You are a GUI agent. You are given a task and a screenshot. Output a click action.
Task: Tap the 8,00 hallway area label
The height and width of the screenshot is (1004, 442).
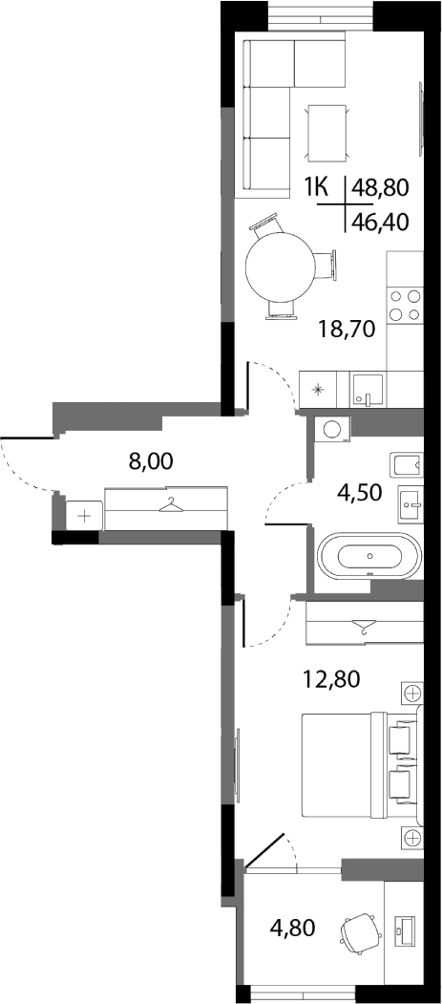coord(151,460)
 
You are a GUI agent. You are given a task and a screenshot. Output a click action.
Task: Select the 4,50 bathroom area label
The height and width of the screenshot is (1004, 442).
coord(359,493)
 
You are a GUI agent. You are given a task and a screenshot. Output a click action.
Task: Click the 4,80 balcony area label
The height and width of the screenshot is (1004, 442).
coord(292,928)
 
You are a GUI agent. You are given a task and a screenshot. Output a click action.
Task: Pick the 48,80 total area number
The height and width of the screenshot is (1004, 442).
coord(380,187)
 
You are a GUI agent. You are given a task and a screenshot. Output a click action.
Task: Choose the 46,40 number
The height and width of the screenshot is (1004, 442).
coord(380,222)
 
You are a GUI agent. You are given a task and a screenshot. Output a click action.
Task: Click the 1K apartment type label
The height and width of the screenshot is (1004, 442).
coord(316,187)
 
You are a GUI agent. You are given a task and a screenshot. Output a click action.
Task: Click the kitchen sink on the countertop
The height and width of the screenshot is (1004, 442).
coord(368,390)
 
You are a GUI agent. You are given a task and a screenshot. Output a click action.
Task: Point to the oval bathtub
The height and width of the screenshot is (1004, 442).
coord(369,555)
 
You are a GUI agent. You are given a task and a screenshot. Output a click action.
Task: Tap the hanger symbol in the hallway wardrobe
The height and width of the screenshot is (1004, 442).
coord(170,506)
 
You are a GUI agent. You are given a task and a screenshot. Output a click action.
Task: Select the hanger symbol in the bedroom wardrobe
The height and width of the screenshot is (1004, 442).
coord(364,626)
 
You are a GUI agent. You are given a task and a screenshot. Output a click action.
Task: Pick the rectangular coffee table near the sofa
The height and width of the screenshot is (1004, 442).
coord(328,132)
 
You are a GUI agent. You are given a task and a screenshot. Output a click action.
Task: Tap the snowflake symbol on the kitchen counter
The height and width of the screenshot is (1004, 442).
coord(318,390)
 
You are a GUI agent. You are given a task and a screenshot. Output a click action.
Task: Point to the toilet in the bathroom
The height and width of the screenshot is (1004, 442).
coord(408,463)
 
